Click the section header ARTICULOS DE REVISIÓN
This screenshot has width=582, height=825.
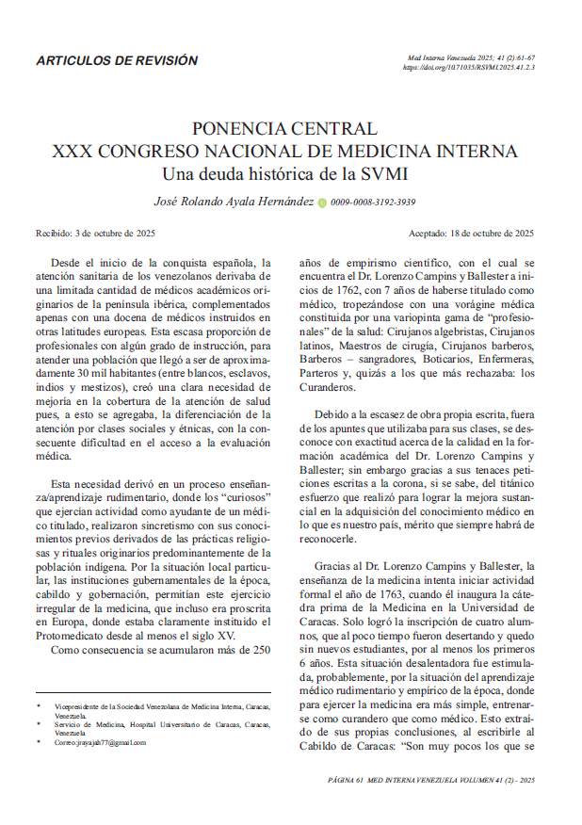[117, 60]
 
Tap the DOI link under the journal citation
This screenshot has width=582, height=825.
[468, 68]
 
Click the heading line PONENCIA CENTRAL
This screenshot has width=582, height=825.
[284, 128]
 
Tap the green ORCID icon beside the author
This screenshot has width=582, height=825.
[322, 202]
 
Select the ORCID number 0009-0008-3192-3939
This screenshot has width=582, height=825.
[373, 202]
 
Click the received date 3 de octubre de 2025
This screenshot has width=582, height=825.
[114, 233]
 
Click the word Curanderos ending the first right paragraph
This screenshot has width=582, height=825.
[327, 386]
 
